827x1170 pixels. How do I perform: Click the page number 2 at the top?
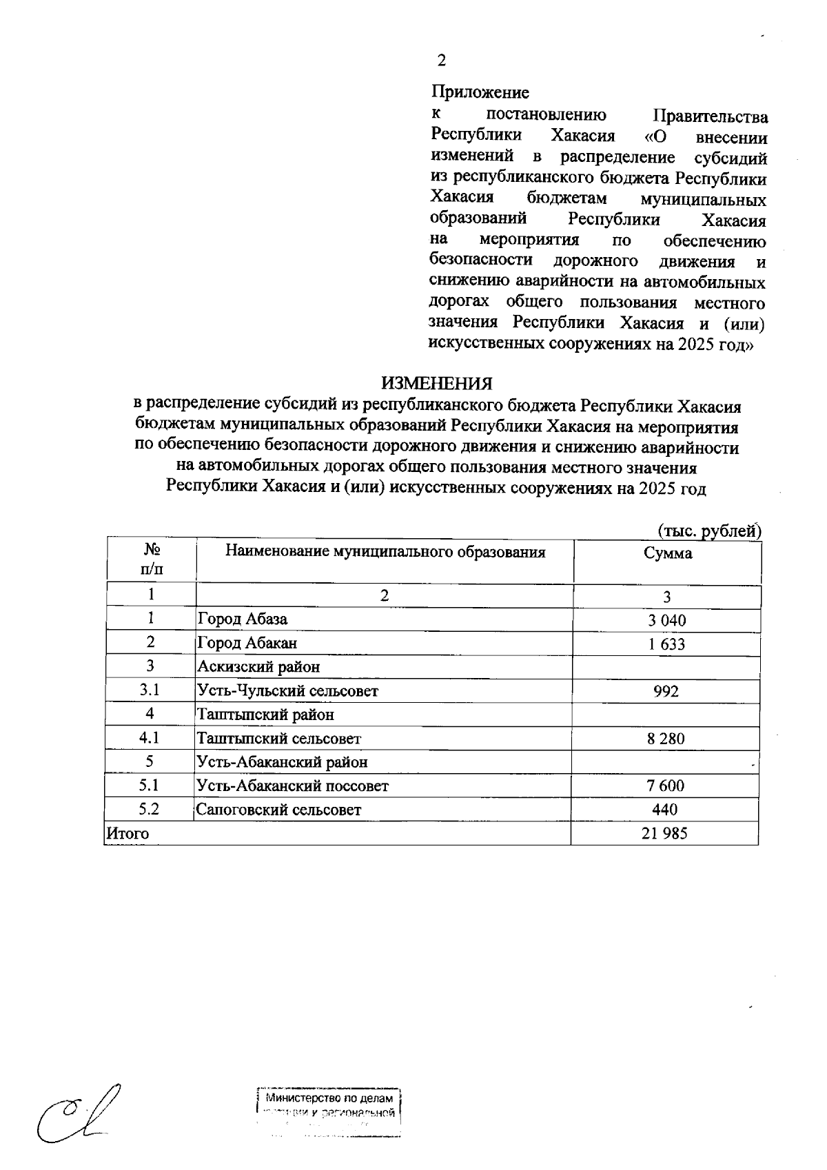(441, 61)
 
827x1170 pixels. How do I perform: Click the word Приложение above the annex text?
(480, 92)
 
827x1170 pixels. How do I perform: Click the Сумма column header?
(667, 553)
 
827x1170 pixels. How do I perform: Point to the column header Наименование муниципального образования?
(385, 552)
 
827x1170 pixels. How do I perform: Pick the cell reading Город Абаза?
(243, 619)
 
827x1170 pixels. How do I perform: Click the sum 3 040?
(666, 620)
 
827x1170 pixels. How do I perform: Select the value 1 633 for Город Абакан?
(666, 644)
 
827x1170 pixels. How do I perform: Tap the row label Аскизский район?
(258, 667)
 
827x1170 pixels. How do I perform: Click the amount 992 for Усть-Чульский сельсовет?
(666, 691)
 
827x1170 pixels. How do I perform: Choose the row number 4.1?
(150, 738)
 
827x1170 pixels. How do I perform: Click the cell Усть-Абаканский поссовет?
(293, 786)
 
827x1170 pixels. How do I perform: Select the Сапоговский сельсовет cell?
(278, 810)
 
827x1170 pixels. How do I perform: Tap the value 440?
(665, 810)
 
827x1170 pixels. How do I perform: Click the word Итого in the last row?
(127, 833)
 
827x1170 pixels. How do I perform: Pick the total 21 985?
(664, 834)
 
